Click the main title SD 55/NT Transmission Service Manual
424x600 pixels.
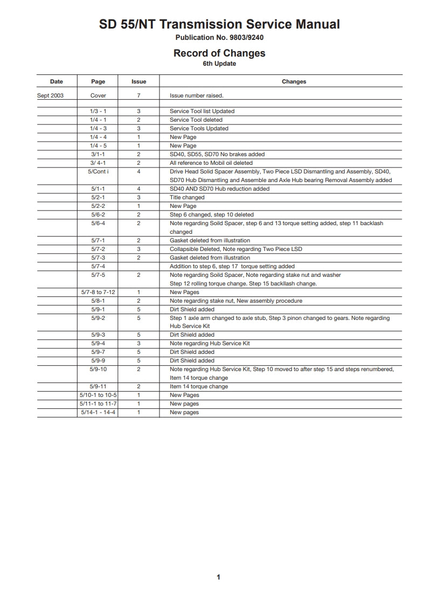[219, 24]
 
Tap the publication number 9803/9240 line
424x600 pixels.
[219, 38]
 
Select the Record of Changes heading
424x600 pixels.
[219, 53]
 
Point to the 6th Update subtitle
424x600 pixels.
[219, 64]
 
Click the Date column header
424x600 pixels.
[56, 82]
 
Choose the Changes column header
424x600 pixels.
[294, 82]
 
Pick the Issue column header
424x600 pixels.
[138, 82]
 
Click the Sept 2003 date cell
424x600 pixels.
[50, 95]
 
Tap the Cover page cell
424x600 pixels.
[98, 95]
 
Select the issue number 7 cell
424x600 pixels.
[138, 95]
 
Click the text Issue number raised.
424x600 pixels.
[196, 95]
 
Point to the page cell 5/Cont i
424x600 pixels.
[98, 171]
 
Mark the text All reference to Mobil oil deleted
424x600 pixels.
[211, 163]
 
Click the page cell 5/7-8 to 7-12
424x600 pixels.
[98, 292]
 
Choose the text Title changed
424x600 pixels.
[187, 197]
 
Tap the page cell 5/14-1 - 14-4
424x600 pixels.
[98, 412]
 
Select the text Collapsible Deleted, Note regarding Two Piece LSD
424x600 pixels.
[236, 249]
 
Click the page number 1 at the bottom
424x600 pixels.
[218, 577]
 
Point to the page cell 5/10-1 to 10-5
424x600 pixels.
[98, 395]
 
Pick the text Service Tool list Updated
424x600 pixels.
[202, 111]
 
